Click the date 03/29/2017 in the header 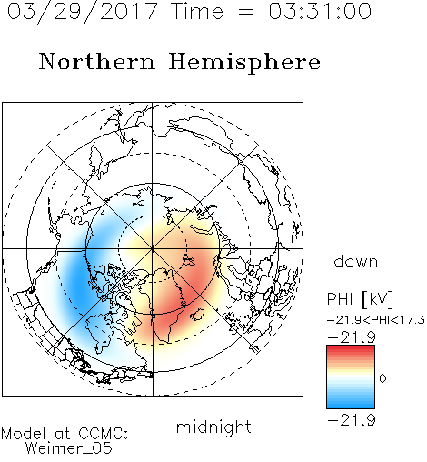coord(82,12)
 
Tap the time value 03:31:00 coord(320,11)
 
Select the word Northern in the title coord(97,62)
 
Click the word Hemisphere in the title coord(244,62)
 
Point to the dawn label coord(356,261)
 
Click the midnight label coord(213,427)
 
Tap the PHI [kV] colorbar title coord(360,299)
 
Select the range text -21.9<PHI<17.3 coord(376,320)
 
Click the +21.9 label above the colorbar coord(352,337)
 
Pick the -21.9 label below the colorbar coord(352,420)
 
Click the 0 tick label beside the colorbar coord(382,378)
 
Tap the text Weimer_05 coord(69,448)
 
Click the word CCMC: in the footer coord(104,434)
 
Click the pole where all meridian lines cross coord(153,249)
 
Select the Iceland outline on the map coord(197,315)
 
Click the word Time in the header coord(197,12)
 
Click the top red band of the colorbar coord(351,347)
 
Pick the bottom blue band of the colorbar coord(351,407)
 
